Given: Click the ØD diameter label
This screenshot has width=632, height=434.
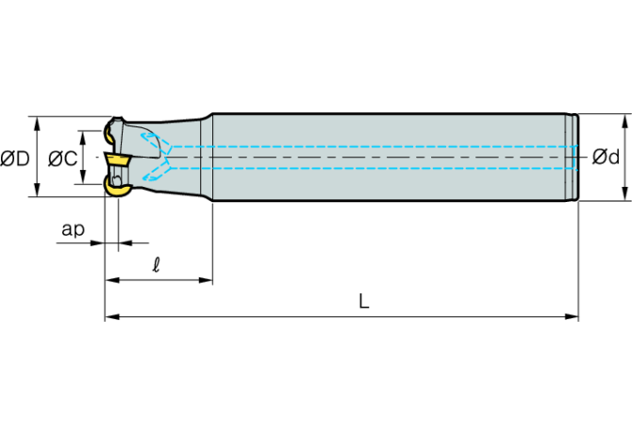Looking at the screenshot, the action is tap(15, 159).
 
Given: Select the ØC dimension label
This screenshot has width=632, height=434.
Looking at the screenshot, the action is tap(62, 159).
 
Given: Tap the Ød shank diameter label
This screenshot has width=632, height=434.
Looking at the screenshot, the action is tap(606, 157).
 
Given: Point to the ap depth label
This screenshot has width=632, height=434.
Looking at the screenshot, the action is tap(73, 229).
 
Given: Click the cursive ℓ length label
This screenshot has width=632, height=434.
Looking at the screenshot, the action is tap(157, 265).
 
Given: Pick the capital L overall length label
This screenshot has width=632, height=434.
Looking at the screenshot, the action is tap(364, 301).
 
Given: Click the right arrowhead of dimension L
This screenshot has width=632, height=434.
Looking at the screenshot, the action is tap(572, 317).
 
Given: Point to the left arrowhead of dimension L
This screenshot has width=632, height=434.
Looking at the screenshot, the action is tap(112, 317).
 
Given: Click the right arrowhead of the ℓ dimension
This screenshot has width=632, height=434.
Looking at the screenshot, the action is tap(206, 280).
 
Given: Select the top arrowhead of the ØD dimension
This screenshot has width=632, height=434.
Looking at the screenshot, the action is tap(37, 124).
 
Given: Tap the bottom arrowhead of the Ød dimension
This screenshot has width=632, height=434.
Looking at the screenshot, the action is tap(625, 193).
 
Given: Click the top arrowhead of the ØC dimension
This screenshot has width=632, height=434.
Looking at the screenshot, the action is tap(83, 138).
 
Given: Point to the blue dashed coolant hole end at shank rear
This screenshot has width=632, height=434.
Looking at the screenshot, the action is tap(574, 158).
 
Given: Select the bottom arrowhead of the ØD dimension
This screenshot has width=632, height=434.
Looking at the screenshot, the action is tap(37, 190).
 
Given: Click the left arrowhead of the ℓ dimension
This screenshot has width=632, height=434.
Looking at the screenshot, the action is tap(112, 280).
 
